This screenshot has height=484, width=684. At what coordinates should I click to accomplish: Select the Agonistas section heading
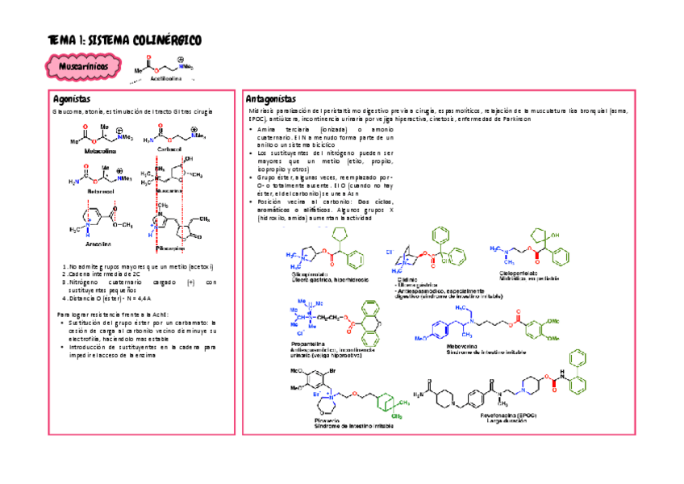coord(70,98)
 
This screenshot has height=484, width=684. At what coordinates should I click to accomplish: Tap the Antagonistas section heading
coord(271,98)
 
